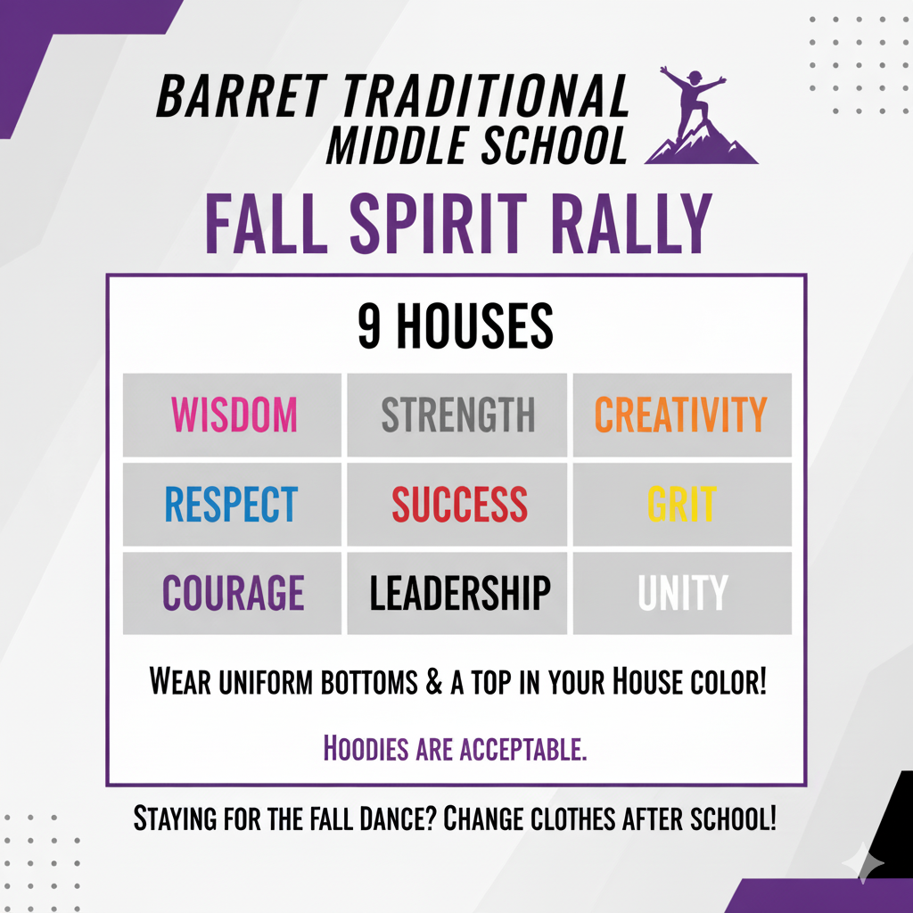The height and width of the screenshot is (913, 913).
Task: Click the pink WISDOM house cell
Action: (x=233, y=415)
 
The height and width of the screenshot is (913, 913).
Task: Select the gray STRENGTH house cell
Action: (x=457, y=415)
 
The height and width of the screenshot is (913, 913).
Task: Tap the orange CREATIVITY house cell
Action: (x=681, y=415)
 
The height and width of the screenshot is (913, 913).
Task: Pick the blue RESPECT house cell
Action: (x=233, y=505)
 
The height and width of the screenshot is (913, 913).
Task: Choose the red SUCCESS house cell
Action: (x=457, y=505)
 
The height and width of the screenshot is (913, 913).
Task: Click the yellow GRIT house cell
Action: (x=681, y=505)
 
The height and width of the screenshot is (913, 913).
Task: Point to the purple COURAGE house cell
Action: (x=233, y=594)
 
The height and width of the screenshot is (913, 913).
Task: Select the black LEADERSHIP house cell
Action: (x=457, y=594)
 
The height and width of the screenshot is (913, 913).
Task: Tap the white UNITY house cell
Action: (x=681, y=594)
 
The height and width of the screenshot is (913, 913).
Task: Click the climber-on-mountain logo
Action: (x=697, y=116)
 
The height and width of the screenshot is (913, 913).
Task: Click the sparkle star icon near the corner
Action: (x=863, y=862)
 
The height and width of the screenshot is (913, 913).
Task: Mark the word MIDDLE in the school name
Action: (x=398, y=145)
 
